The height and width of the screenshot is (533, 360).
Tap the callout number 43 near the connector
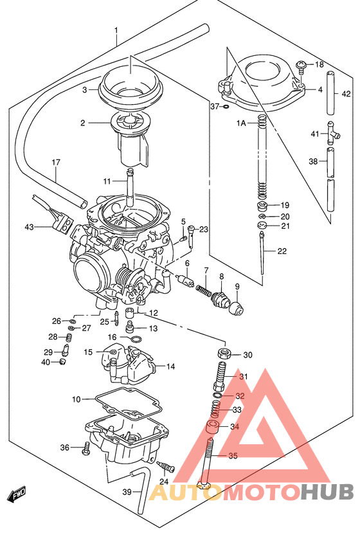click(x=28, y=226)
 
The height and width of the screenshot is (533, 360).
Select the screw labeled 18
click(x=300, y=65)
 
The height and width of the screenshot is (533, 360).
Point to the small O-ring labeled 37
click(x=226, y=106)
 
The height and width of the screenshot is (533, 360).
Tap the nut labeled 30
click(x=224, y=354)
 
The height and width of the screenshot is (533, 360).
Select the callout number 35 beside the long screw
click(x=232, y=456)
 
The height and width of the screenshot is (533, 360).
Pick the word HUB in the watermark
click(x=327, y=492)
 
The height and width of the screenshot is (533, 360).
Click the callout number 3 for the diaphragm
click(x=84, y=90)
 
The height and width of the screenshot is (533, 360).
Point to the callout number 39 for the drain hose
click(x=127, y=492)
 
